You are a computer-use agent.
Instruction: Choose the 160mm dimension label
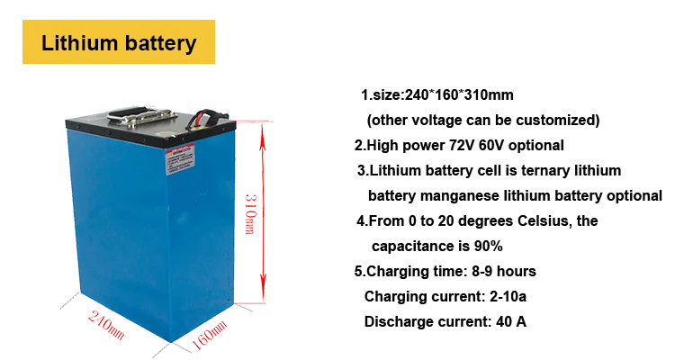click(210, 340)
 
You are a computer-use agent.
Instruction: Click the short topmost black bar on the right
click(438, 92)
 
